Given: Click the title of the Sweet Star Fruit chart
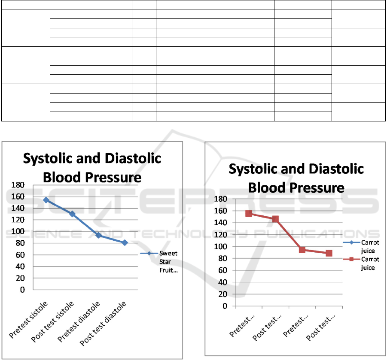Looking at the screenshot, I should click(92, 167).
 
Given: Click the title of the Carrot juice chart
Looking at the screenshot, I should click(296, 178).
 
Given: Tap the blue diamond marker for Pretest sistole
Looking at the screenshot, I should click(46, 200).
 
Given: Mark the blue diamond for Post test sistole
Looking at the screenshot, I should click(73, 214).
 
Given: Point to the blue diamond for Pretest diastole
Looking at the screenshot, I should click(98, 236).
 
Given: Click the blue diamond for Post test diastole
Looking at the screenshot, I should click(125, 242).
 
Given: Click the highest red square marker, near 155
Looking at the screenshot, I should click(249, 213).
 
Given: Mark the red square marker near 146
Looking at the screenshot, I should click(275, 219).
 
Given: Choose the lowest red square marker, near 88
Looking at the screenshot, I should click(329, 253).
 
